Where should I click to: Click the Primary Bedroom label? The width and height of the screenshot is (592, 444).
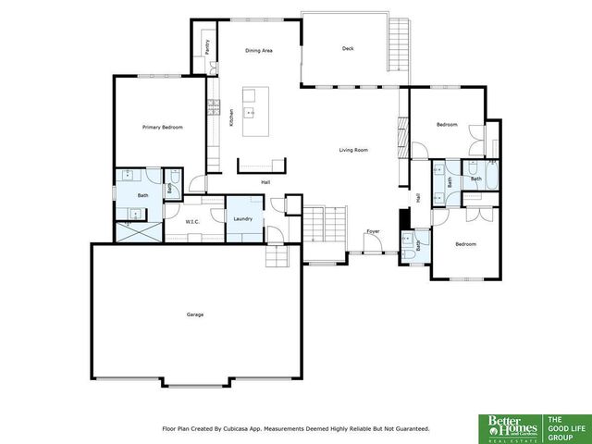[x=161, y=127]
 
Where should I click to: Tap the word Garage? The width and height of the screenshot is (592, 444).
[x=194, y=314]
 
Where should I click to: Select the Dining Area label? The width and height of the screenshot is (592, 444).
[x=258, y=51]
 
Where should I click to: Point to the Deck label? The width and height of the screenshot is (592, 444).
[x=348, y=49]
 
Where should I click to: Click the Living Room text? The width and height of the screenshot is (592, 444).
[x=353, y=149]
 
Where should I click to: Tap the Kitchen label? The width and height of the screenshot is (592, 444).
[x=231, y=118]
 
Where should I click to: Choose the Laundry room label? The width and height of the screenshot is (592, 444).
[x=243, y=218]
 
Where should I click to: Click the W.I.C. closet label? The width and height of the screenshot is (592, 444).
[x=193, y=222]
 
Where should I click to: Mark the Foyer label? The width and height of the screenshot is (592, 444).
[x=373, y=231]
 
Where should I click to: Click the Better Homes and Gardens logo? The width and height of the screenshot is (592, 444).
[x=510, y=427]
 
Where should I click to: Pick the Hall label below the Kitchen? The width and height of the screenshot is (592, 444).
[x=265, y=181]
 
